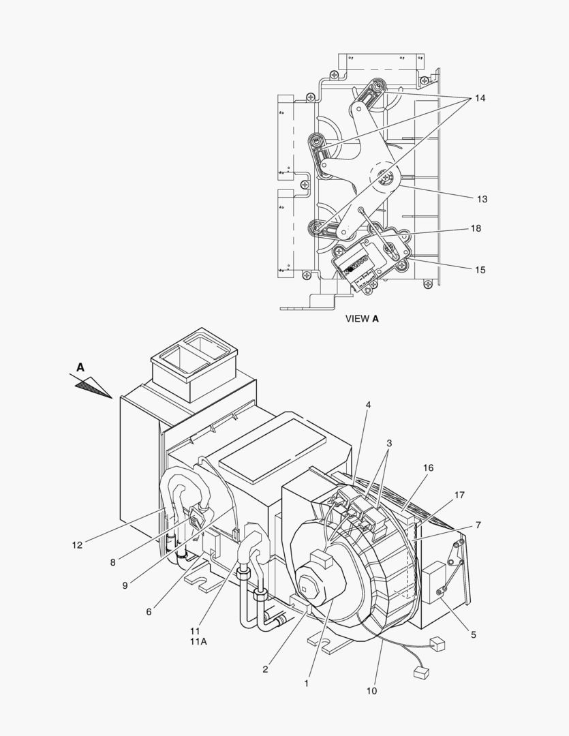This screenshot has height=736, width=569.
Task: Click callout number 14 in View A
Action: point(480,98)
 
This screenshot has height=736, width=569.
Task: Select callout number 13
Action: point(482,199)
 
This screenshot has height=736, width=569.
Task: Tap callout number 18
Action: point(476,228)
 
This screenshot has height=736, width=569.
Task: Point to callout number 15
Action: point(480,270)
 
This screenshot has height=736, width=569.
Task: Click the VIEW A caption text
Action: point(361,318)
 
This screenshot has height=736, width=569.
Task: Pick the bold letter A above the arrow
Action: point(80,367)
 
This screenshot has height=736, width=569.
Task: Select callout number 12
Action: point(77,545)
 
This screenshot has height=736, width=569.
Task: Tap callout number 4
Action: point(368,405)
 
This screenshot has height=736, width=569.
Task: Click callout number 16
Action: point(428,467)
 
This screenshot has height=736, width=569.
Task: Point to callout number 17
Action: point(460,495)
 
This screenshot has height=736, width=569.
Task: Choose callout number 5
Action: point(472,635)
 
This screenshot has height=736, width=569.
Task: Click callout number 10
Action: point(371,691)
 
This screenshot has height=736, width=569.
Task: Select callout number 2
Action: point(265,669)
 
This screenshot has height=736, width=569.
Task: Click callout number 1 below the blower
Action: point(307,683)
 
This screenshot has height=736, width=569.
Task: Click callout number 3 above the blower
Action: point(389,443)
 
